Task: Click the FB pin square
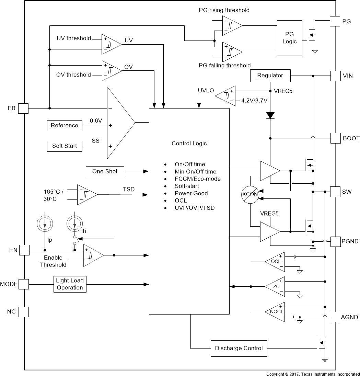coord(24,108)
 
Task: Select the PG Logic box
coord(289,38)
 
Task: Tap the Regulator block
coord(270,75)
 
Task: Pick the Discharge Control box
coord(239,349)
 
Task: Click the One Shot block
coord(105,171)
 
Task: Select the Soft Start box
coord(65,146)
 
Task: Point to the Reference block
coord(65,125)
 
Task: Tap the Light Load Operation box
coord(70,284)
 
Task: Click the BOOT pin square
coord(335,138)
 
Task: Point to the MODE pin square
coord(24,284)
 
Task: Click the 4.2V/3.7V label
coord(254,101)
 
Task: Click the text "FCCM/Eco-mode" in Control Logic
coord(197,179)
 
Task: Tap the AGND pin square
coord(335,317)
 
